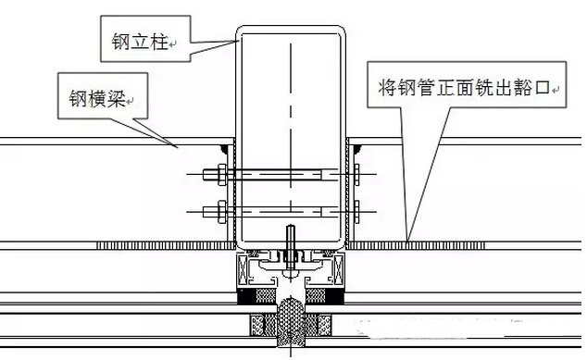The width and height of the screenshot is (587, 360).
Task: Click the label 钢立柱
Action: pyautogui.click(x=140, y=41)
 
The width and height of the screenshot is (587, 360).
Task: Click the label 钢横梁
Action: pyautogui.click(x=96, y=98)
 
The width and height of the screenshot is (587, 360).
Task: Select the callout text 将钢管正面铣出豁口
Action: pyautogui.click(x=464, y=88)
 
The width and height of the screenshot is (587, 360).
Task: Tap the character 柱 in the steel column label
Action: pyautogui.click(x=158, y=41)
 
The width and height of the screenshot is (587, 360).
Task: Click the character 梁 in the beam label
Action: pyautogui.click(x=116, y=98)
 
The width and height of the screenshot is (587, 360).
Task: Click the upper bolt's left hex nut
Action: pyautogui.click(x=222, y=174)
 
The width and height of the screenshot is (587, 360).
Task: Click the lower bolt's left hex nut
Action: pyautogui.click(x=222, y=212)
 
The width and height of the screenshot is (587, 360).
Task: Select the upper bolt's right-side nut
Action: pyautogui.click(x=356, y=174)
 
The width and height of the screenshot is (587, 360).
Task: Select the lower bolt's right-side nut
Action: pyautogui.click(x=356, y=212)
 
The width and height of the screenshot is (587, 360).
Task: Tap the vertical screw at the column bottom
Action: pyautogui.click(x=291, y=247)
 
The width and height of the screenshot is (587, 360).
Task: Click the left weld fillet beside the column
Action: pyautogui.click(x=225, y=149)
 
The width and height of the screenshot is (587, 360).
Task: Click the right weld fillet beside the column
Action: pyautogui.click(x=356, y=149)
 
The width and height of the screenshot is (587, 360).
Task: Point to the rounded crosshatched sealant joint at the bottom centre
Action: pyautogui.click(x=291, y=322)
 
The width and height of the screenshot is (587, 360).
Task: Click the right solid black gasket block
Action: pyautogui.click(x=335, y=296)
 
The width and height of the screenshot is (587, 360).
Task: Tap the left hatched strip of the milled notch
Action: pyautogui.click(x=166, y=245)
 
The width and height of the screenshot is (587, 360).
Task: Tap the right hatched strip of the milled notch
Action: pyautogui.click(x=417, y=245)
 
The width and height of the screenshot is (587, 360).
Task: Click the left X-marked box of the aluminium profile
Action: pyautogui.click(x=243, y=269)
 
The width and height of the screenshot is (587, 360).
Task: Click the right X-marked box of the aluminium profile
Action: pyautogui.click(x=340, y=269)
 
